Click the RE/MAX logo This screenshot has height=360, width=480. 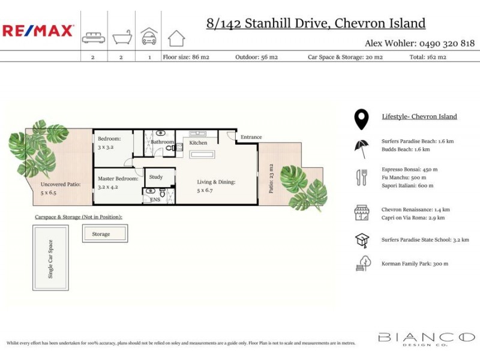pyautogui.click(x=38, y=31)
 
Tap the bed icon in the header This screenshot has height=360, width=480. pyautogui.click(x=94, y=38)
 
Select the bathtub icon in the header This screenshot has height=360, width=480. pyautogui.click(x=121, y=38)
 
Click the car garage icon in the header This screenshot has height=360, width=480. pyautogui.click(x=149, y=36)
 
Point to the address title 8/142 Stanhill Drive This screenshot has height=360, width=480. pyautogui.click(x=316, y=23)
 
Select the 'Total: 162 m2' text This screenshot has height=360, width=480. pyautogui.click(x=428, y=57)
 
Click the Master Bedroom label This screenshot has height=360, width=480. pyautogui.click(x=118, y=178)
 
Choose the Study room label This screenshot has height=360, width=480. pyautogui.click(x=156, y=177)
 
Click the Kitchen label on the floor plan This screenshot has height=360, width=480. pyautogui.click(x=198, y=143)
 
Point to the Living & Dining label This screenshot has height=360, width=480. pyautogui.click(x=217, y=182)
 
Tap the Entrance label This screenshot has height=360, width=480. pyautogui.click(x=251, y=137)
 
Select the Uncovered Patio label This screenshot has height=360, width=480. pyautogui.click(x=60, y=184)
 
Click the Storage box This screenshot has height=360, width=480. pyautogui.click(x=104, y=233)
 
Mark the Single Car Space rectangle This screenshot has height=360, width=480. pyautogui.click(x=50, y=258)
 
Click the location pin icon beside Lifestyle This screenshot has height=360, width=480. pyautogui.click(x=361, y=119)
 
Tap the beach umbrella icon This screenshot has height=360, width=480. pyautogui.click(x=362, y=147)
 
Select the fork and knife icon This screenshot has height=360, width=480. pyautogui.click(x=362, y=177)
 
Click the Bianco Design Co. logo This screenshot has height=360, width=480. pyautogui.click(x=426, y=339)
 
